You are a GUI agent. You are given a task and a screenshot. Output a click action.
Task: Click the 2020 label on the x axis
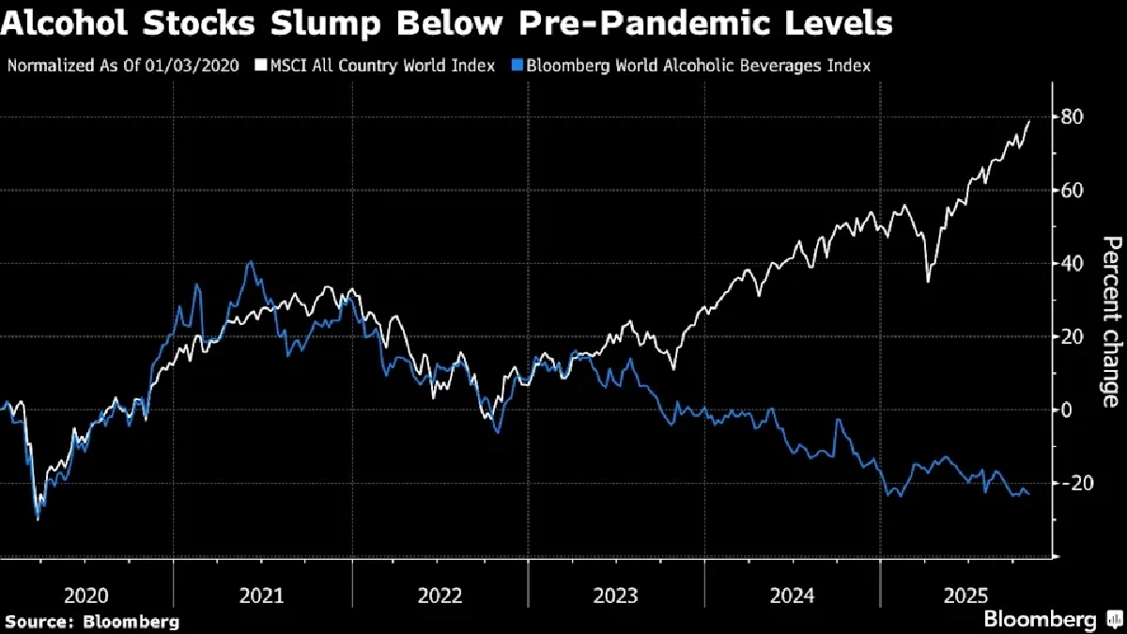pyautogui.click(x=86, y=595)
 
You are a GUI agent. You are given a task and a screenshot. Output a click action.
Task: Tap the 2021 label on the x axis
pyautogui.click(x=263, y=595)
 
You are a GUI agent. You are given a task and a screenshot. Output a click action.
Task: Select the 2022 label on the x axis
pyautogui.click(x=440, y=595)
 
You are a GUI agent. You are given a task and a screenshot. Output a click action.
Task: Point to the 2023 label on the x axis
pyautogui.click(x=616, y=595)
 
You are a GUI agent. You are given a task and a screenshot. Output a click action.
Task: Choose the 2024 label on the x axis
pyautogui.click(x=793, y=595)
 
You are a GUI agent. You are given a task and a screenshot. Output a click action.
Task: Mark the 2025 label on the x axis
pyautogui.click(x=967, y=595)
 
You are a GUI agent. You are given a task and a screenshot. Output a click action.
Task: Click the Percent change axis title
pyautogui.click(x=1110, y=321)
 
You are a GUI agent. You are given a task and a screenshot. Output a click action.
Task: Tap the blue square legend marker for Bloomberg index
pyautogui.click(x=517, y=66)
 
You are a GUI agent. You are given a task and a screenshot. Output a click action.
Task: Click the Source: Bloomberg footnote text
pyautogui.click(x=92, y=621)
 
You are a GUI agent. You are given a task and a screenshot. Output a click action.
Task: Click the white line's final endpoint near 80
pyautogui.click(x=1029, y=121)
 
